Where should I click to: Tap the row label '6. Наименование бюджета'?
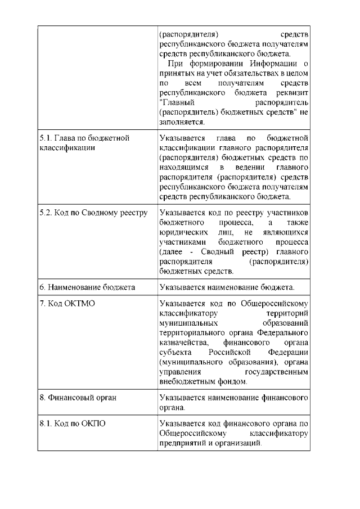(x=87, y=287)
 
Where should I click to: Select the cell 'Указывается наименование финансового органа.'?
(x=234, y=403)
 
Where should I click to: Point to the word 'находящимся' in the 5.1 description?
(x=184, y=167)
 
